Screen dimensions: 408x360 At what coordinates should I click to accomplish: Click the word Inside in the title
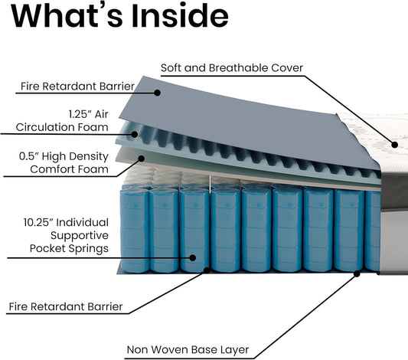[180, 15]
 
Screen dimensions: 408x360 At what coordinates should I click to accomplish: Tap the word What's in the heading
[67, 15]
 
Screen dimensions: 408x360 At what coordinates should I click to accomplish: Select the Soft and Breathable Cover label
[232, 67]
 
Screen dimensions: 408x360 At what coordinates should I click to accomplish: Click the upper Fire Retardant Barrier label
[77, 86]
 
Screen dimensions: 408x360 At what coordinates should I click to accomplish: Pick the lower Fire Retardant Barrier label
[66, 306]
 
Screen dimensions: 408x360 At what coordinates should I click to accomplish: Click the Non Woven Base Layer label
[188, 349]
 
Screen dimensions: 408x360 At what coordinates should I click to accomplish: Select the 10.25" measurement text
[38, 223]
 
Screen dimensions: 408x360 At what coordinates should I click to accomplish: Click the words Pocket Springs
[69, 248]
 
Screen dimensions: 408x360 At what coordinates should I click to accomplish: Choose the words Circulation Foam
[62, 127]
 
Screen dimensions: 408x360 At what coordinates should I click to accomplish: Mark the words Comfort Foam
[69, 169]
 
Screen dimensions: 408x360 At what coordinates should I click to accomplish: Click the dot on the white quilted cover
[395, 145]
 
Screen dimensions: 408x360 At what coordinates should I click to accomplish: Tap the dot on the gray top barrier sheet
[157, 93]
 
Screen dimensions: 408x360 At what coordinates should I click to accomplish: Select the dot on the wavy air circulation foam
[135, 134]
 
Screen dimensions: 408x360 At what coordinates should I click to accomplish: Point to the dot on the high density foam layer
[142, 159]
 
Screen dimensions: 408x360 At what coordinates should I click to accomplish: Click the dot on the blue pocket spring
[193, 257]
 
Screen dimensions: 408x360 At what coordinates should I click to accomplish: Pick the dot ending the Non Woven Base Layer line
[357, 274]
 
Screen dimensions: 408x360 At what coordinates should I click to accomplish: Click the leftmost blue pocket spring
[134, 231]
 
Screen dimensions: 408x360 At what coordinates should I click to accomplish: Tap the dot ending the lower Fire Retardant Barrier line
[207, 270]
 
